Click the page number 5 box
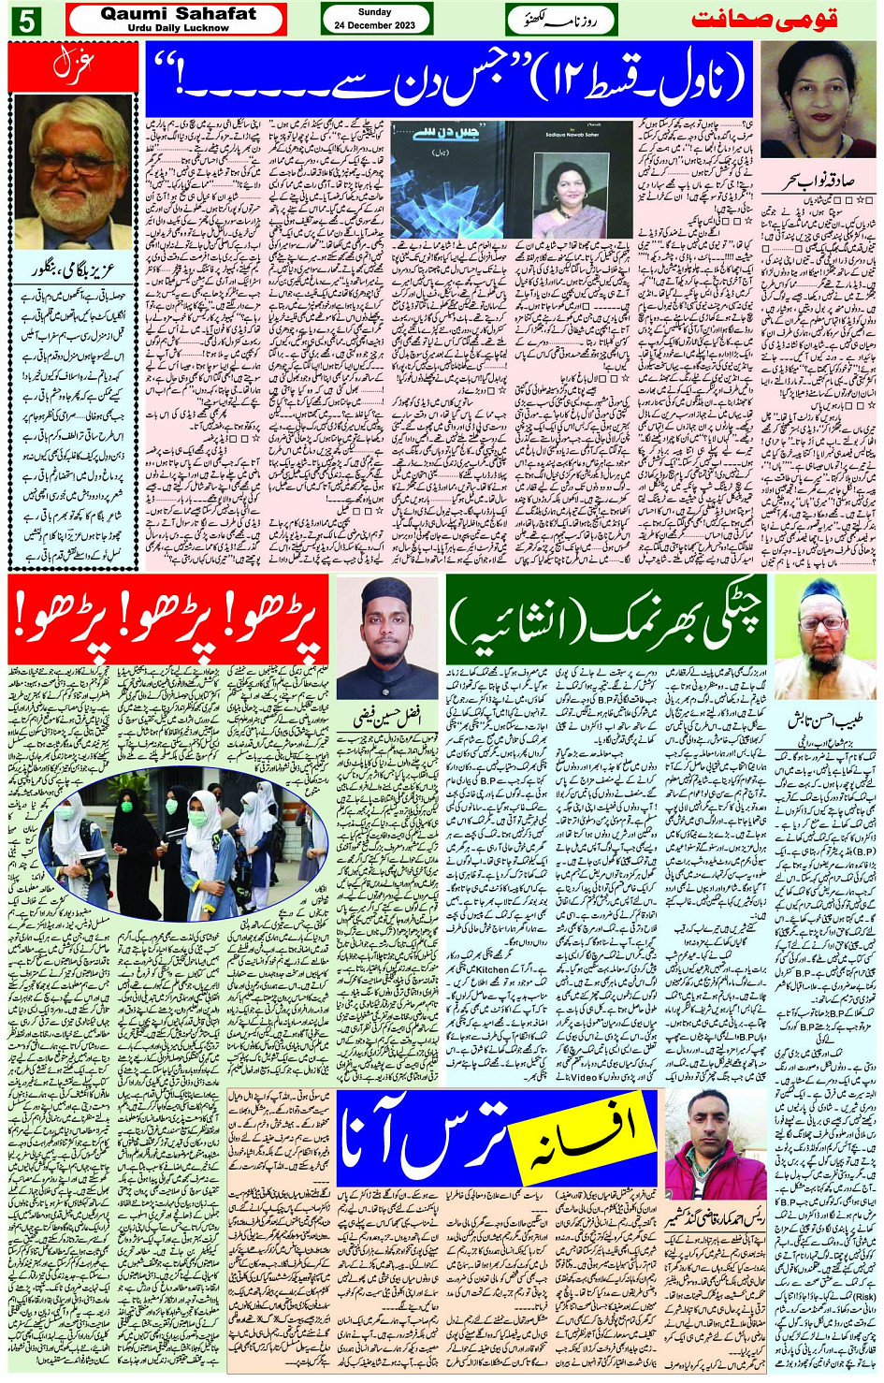point(25,20)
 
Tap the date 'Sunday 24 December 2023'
point(375,19)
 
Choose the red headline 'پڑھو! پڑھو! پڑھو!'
point(168,619)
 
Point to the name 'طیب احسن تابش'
point(825,721)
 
